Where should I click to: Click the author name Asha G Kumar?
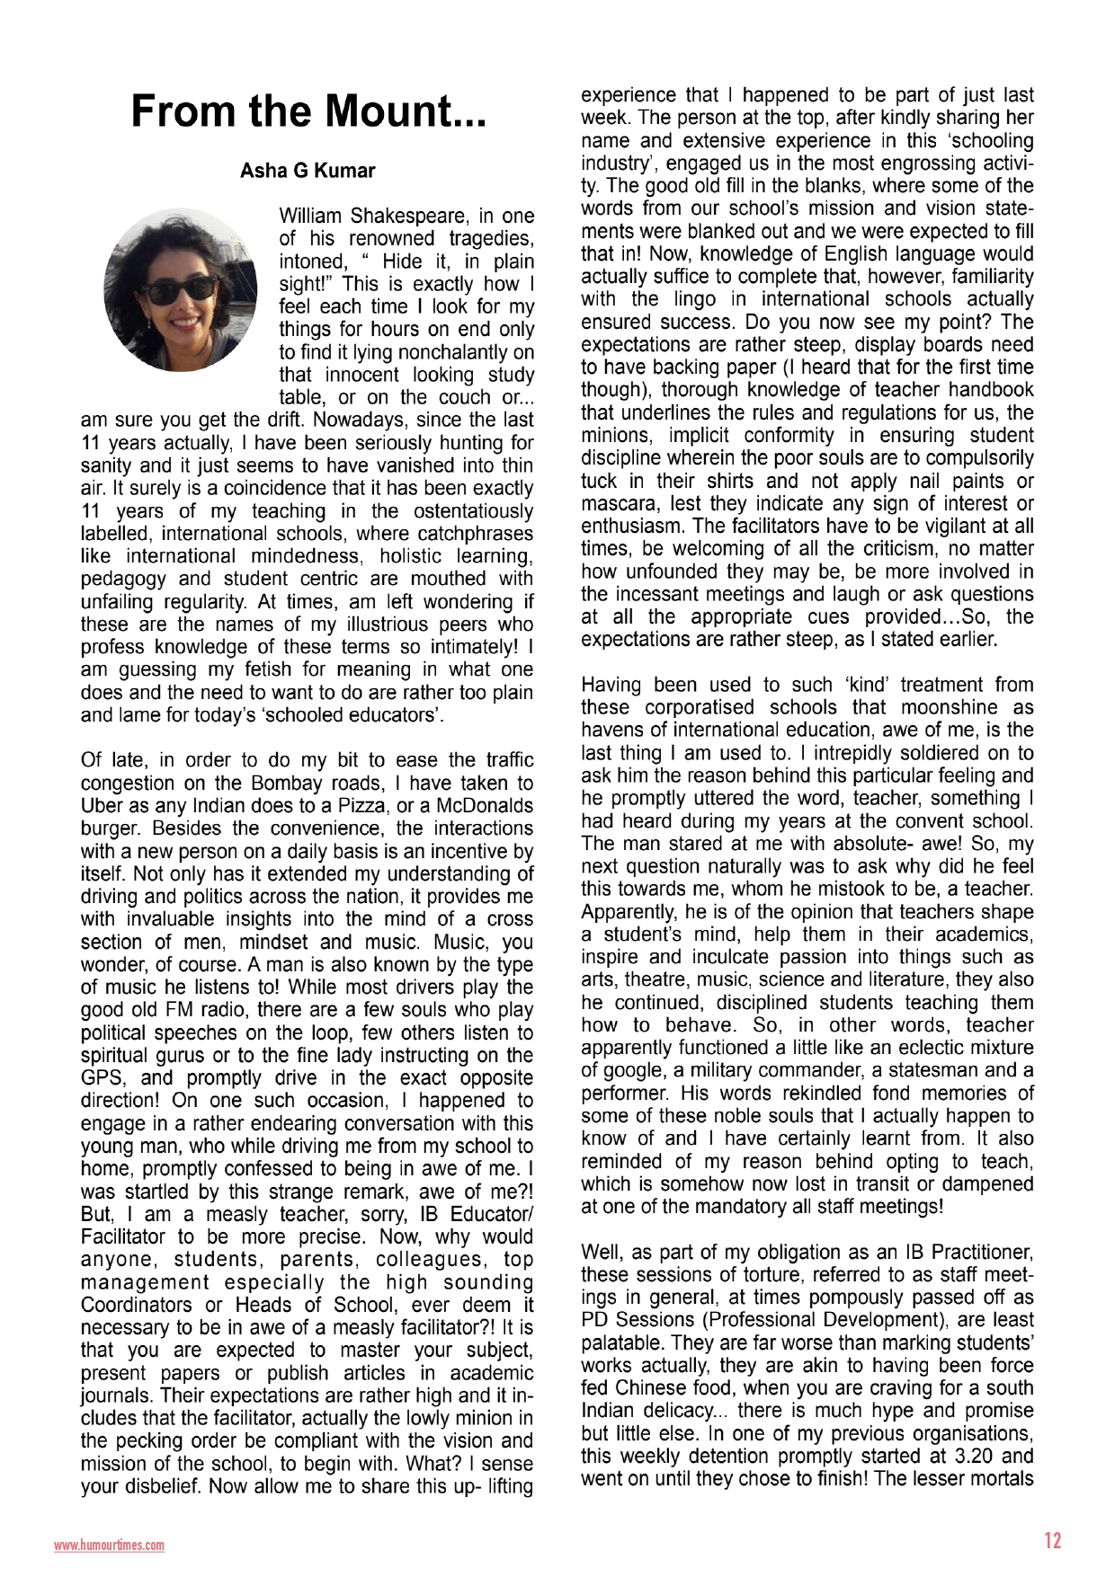click(x=308, y=171)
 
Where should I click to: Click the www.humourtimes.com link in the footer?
click(x=109, y=1546)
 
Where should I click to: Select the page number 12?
click(x=1052, y=1540)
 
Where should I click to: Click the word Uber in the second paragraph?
click(x=102, y=806)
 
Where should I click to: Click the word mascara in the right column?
click(x=615, y=504)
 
